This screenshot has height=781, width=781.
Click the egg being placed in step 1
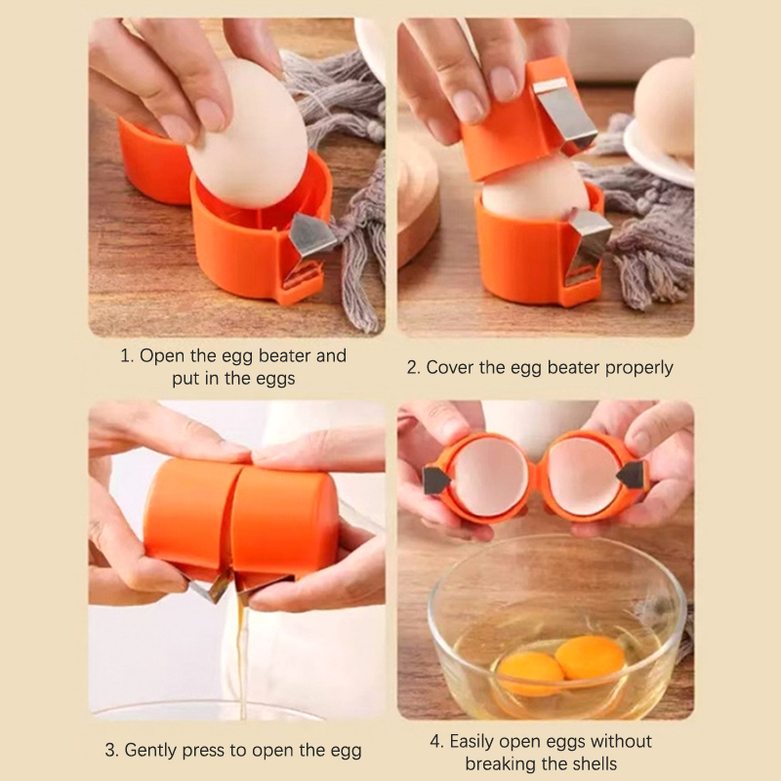pyautogui.click(x=248, y=135)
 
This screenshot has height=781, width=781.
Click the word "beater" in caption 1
pyautogui.click(x=285, y=355)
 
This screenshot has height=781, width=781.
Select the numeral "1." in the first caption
pyautogui.click(x=128, y=355)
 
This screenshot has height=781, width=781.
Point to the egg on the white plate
pyautogui.click(x=665, y=108)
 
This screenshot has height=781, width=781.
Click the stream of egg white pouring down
pyautogui.click(x=242, y=657)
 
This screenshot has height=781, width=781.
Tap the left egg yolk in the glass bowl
pyautogui.click(x=531, y=673)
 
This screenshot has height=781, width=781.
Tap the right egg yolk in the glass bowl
pyautogui.click(x=591, y=656)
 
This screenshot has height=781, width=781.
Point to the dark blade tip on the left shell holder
pyautogui.click(x=435, y=480)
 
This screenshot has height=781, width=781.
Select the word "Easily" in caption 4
pyautogui.click(x=472, y=742)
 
